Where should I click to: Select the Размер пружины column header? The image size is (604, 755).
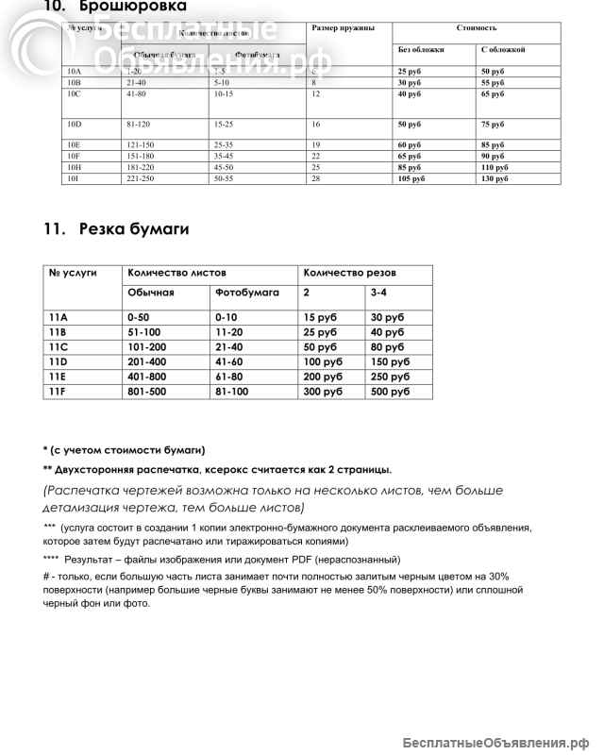342,28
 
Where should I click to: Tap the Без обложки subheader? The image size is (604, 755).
421,49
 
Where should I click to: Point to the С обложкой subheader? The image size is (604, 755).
503,49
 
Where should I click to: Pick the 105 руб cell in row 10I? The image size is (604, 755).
411,178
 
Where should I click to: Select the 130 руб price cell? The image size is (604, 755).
495,178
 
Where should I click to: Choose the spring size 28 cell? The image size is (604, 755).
316,178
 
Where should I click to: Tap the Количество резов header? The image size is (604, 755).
340,273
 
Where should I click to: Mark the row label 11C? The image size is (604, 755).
58,347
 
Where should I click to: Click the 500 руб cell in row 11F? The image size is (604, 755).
390,392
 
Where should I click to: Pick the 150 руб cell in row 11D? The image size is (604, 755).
390,362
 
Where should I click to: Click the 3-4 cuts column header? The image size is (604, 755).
378,293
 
